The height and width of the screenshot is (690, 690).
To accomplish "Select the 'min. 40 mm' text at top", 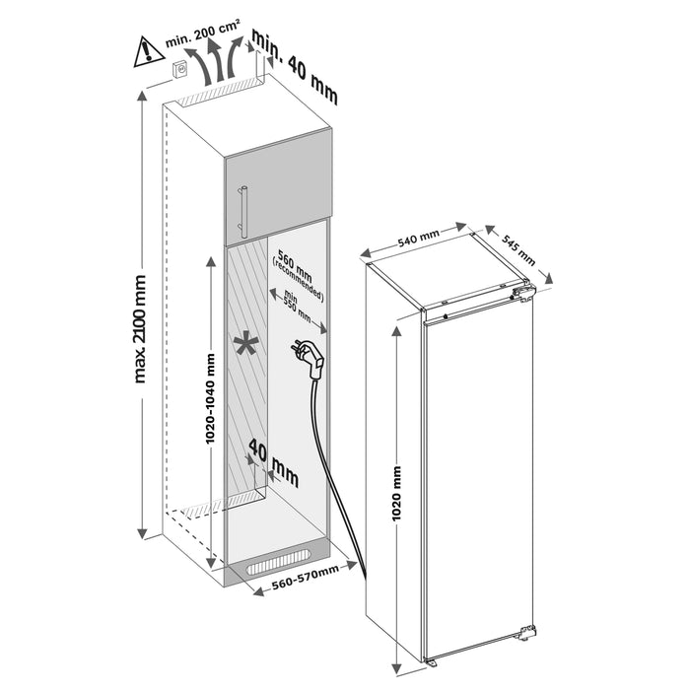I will coord(295,67).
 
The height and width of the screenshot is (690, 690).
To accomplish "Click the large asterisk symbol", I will coord(245,344).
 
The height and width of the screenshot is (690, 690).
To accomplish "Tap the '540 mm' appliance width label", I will coord(417,238).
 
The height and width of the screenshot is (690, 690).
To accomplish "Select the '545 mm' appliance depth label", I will coord(518,247).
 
